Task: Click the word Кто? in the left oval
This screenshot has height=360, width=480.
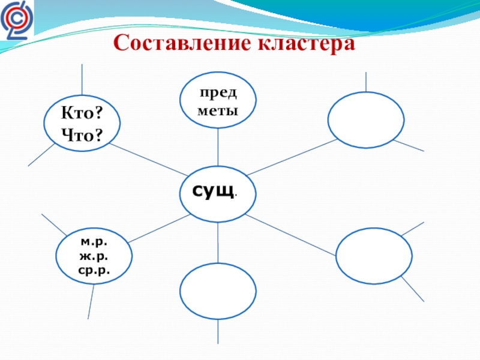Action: (82, 114)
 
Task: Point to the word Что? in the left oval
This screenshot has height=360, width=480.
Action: (82, 136)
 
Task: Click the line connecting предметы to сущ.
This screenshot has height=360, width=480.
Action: (218, 147)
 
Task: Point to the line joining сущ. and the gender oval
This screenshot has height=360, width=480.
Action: (157, 229)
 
